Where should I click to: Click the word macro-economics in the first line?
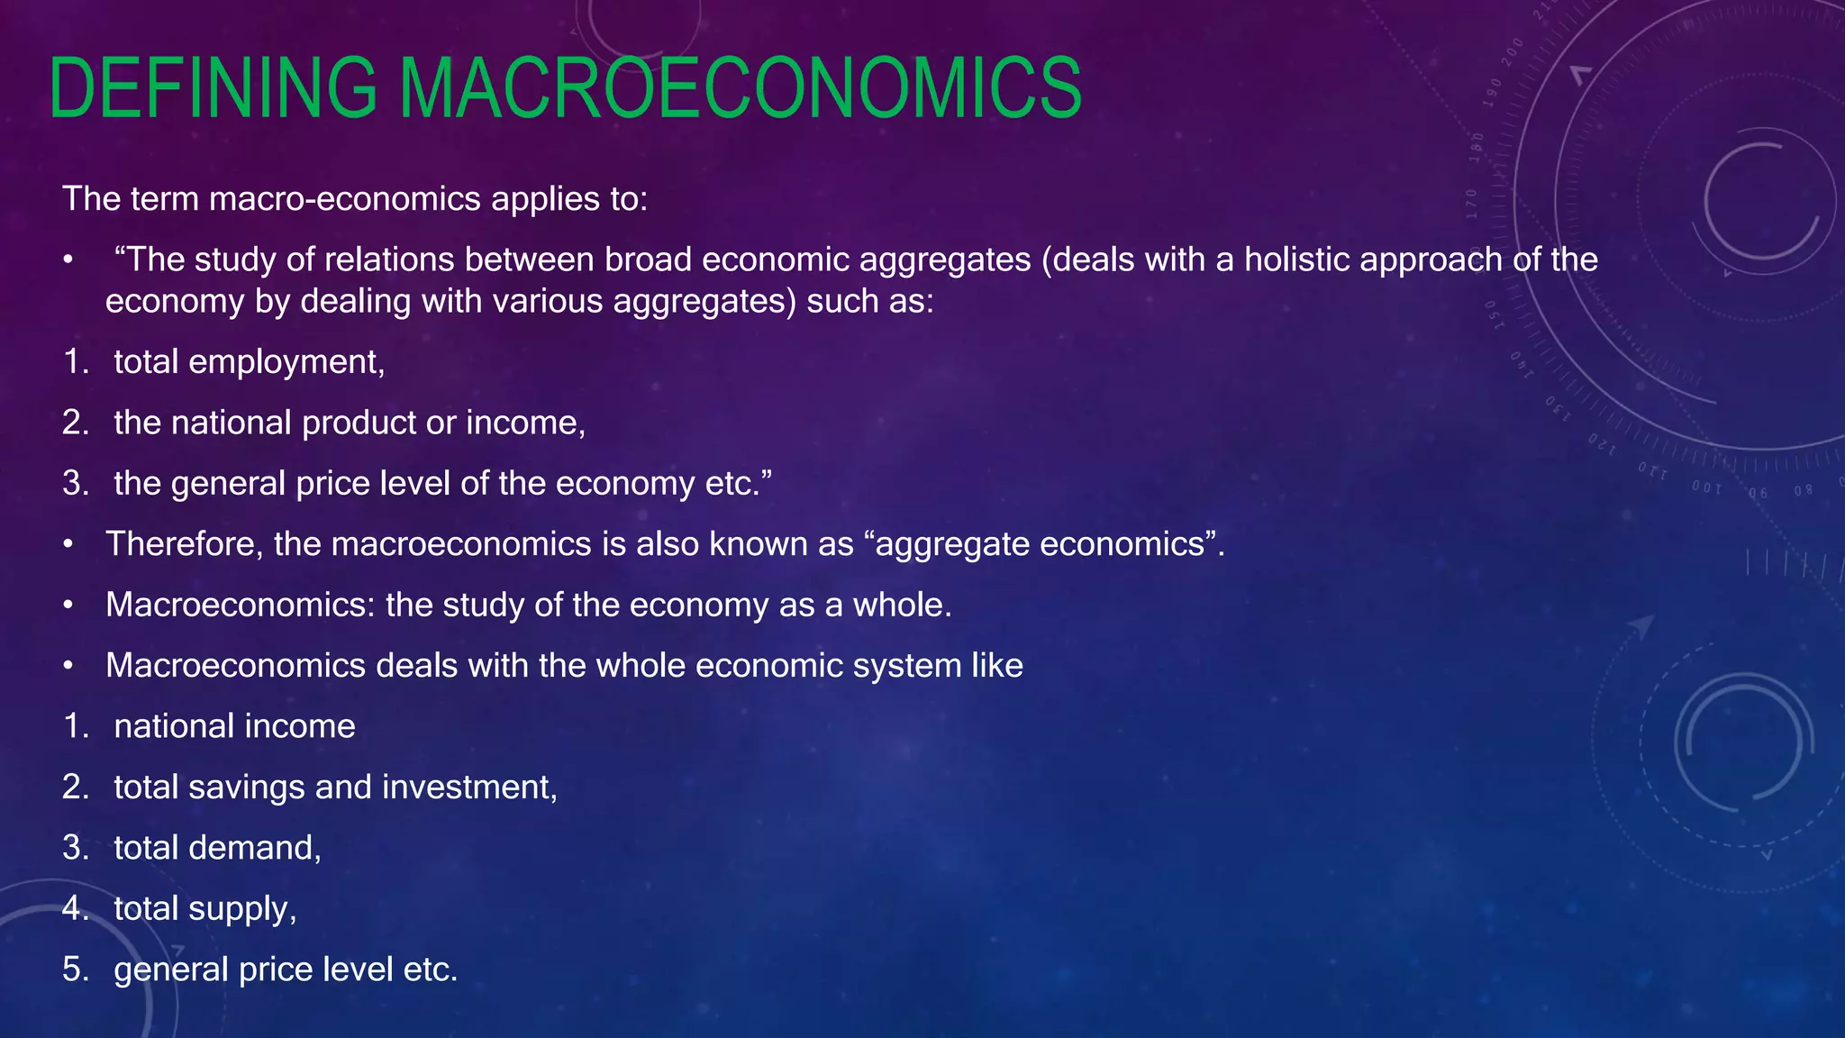pos(345,198)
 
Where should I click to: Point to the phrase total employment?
pos(249,361)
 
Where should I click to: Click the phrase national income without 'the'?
pos(234,726)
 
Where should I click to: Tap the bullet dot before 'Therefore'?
pos(68,544)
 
